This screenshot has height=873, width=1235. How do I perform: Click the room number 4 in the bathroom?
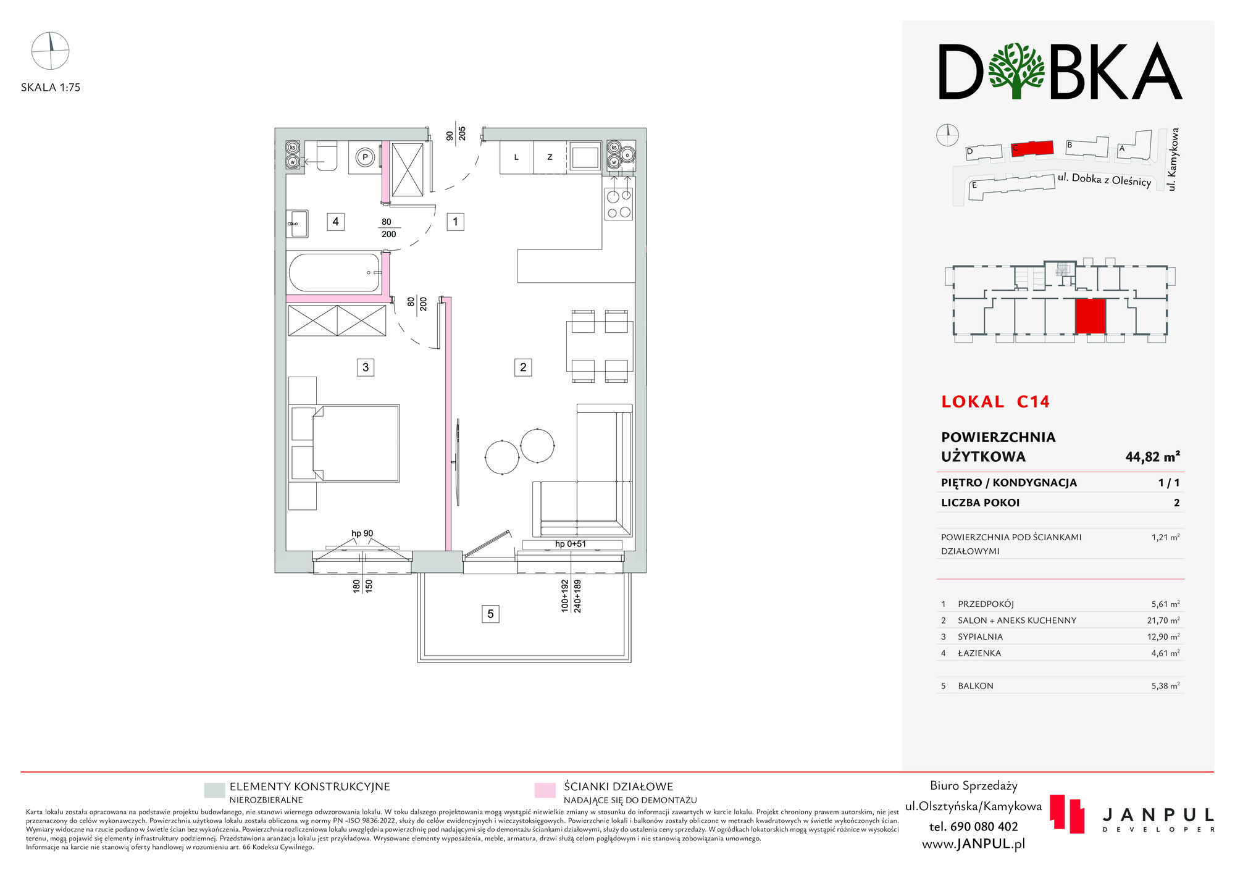[x=335, y=222]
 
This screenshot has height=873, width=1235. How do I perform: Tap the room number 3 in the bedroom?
[x=366, y=367]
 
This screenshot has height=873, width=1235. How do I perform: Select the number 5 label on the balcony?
[x=490, y=614]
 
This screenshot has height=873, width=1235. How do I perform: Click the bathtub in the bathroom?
[x=335, y=272]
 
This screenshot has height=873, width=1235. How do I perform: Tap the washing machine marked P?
[x=365, y=157]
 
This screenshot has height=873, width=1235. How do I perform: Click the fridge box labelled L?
[x=516, y=157]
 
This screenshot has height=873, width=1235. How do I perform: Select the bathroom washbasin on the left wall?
[x=297, y=223]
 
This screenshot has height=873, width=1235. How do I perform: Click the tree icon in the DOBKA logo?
[x=1016, y=70]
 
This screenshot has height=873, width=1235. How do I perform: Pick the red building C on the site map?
[x=1032, y=148]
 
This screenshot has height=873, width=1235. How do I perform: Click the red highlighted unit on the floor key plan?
[x=1090, y=316]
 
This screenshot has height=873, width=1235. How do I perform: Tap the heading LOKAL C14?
[x=995, y=402]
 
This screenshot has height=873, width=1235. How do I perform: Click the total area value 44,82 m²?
[x=1152, y=457]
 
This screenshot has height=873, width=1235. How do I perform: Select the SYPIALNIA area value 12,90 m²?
[x=1165, y=637]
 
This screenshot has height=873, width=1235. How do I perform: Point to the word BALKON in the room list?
[x=976, y=686]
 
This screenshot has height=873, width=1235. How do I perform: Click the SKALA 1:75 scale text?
[x=51, y=88]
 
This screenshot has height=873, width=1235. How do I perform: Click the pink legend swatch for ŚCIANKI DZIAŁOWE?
[x=545, y=791]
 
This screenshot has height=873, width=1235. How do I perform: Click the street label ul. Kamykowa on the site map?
[x=1173, y=159]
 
